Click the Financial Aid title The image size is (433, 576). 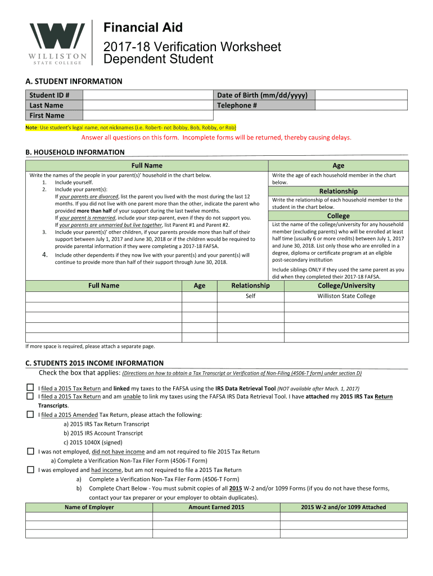pos(143,27)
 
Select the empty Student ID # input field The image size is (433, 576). pos(148,94)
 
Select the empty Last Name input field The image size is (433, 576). pos(148,105)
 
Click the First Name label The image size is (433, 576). pos(47,116)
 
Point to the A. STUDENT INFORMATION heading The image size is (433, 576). pos(74,81)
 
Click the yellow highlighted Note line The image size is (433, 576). pos(130,128)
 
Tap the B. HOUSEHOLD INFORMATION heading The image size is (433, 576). pos(75,152)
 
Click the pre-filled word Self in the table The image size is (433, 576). pos(250,296)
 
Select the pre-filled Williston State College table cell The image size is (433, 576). pos(346,296)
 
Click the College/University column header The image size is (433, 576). pos(346,285)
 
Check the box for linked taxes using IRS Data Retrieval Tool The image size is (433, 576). pos(30,388)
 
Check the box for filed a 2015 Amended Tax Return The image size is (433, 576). pos(30,415)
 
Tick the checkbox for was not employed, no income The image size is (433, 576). pos(30,451)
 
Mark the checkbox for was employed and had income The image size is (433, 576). pos(30,470)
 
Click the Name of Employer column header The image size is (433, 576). pos(89,507)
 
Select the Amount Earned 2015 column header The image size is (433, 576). pos(216,507)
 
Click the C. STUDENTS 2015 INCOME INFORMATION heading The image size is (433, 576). pos(94,363)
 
